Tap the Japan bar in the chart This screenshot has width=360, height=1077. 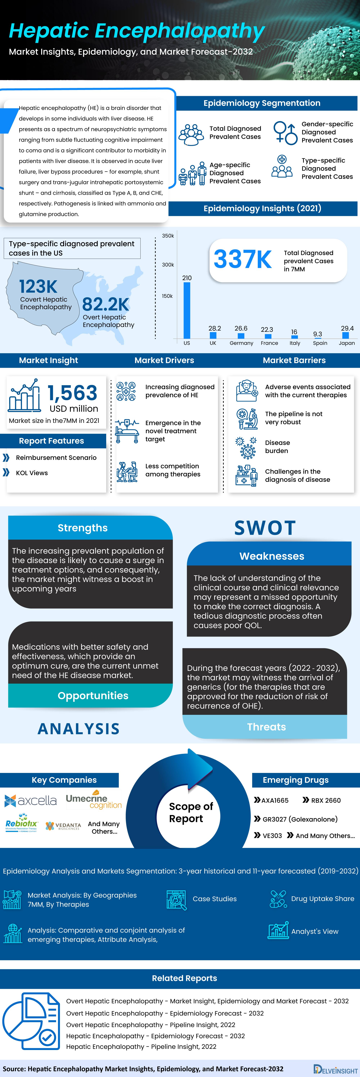(345, 335)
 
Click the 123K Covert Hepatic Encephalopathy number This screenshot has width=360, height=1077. (38, 287)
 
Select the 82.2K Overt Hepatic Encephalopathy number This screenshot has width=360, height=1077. (106, 304)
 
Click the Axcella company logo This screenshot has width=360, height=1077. (31, 801)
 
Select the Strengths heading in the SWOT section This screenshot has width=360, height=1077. (83, 528)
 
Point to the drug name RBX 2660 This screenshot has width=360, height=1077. (326, 800)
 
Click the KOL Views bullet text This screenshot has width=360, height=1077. (32, 473)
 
